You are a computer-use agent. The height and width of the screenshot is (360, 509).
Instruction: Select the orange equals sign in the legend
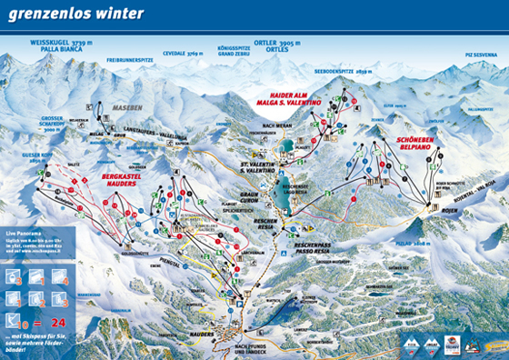click(43, 322)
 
